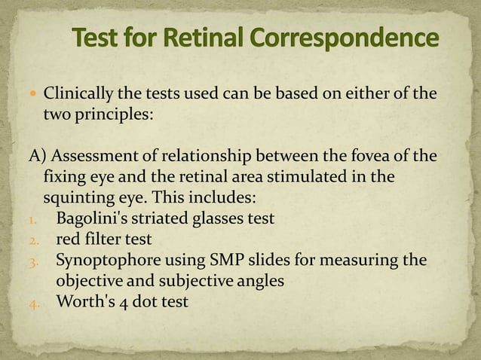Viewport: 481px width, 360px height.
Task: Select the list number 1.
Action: (x=33, y=220)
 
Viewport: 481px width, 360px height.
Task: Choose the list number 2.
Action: (x=34, y=240)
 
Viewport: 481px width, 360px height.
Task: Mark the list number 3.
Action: (x=34, y=261)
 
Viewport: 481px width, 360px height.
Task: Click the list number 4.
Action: (x=34, y=303)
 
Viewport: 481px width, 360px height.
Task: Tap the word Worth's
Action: (x=81, y=302)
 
